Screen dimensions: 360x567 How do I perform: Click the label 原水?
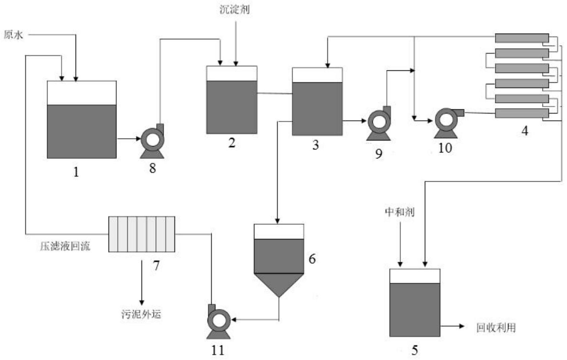click(x=13, y=35)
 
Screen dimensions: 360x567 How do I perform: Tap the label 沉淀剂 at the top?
click(x=235, y=9)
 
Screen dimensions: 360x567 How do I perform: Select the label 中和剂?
click(x=400, y=212)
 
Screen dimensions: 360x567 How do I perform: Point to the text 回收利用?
click(x=496, y=327)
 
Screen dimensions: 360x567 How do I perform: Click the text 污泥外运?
click(x=141, y=314)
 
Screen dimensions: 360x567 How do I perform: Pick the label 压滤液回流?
click(x=65, y=246)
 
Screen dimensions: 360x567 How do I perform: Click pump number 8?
click(x=153, y=141)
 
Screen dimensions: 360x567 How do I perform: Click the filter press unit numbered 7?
click(x=142, y=234)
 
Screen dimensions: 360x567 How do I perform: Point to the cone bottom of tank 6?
click(x=279, y=284)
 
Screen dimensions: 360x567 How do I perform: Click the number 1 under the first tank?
click(x=76, y=172)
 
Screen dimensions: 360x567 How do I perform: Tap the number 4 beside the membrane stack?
click(x=525, y=131)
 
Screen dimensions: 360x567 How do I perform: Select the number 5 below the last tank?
click(x=414, y=351)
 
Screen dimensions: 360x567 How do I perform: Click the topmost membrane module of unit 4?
click(x=522, y=38)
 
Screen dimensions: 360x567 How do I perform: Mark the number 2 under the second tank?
click(x=232, y=143)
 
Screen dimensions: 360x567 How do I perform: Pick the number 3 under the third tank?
click(x=315, y=145)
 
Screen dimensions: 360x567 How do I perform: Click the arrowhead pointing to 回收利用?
click(x=462, y=326)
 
